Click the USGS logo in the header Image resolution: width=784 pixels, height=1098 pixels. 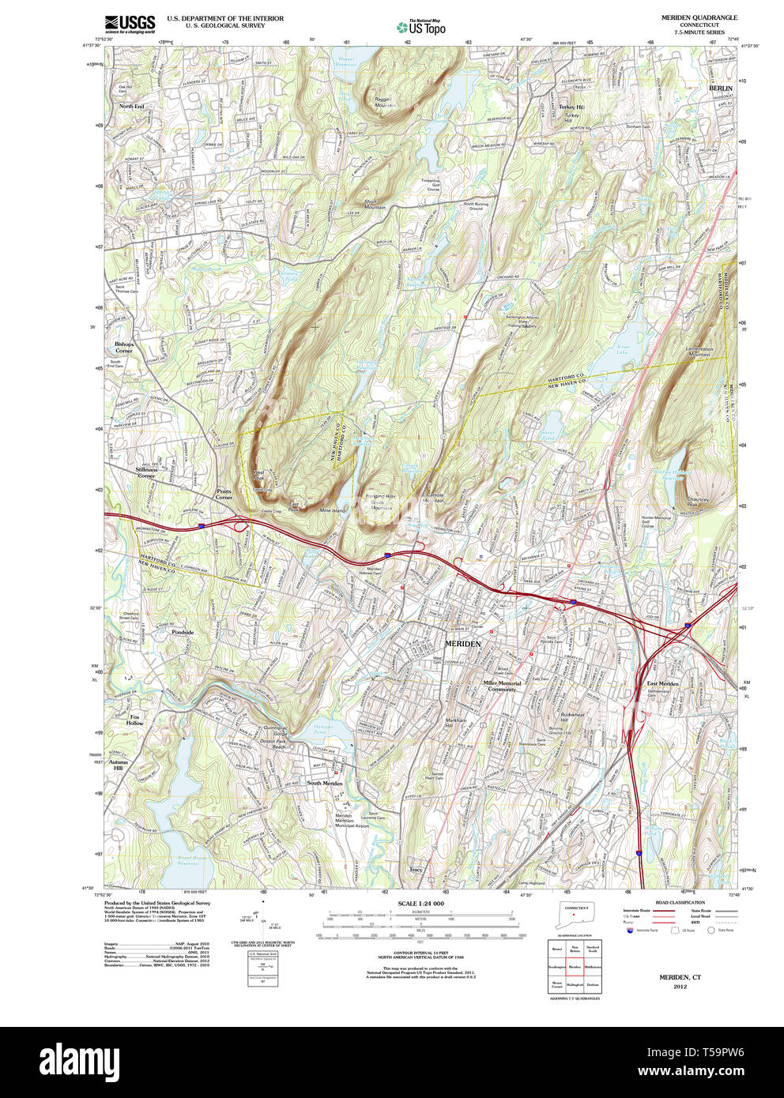click(x=130, y=24)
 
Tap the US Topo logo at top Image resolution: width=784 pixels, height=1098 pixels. click(x=422, y=27)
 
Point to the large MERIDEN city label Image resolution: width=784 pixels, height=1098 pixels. click(x=462, y=644)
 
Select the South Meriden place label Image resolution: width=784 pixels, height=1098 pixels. click(x=324, y=783)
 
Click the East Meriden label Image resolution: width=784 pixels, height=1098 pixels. click(x=662, y=683)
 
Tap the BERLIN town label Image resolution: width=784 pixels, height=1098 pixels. click(x=720, y=88)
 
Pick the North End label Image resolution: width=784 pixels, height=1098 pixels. click(x=131, y=106)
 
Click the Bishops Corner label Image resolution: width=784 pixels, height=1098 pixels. click(x=124, y=348)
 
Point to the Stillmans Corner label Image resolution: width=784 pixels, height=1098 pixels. click(x=146, y=472)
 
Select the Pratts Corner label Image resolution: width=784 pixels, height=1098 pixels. click(x=224, y=494)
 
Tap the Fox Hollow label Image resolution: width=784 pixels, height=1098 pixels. click(x=135, y=720)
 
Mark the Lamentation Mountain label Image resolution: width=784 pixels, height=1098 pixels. click(x=696, y=352)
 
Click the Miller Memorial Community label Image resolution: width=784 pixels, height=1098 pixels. click(x=502, y=686)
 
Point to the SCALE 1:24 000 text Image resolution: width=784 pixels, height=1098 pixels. click(x=420, y=904)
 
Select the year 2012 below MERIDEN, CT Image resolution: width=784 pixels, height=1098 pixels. click(x=680, y=987)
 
